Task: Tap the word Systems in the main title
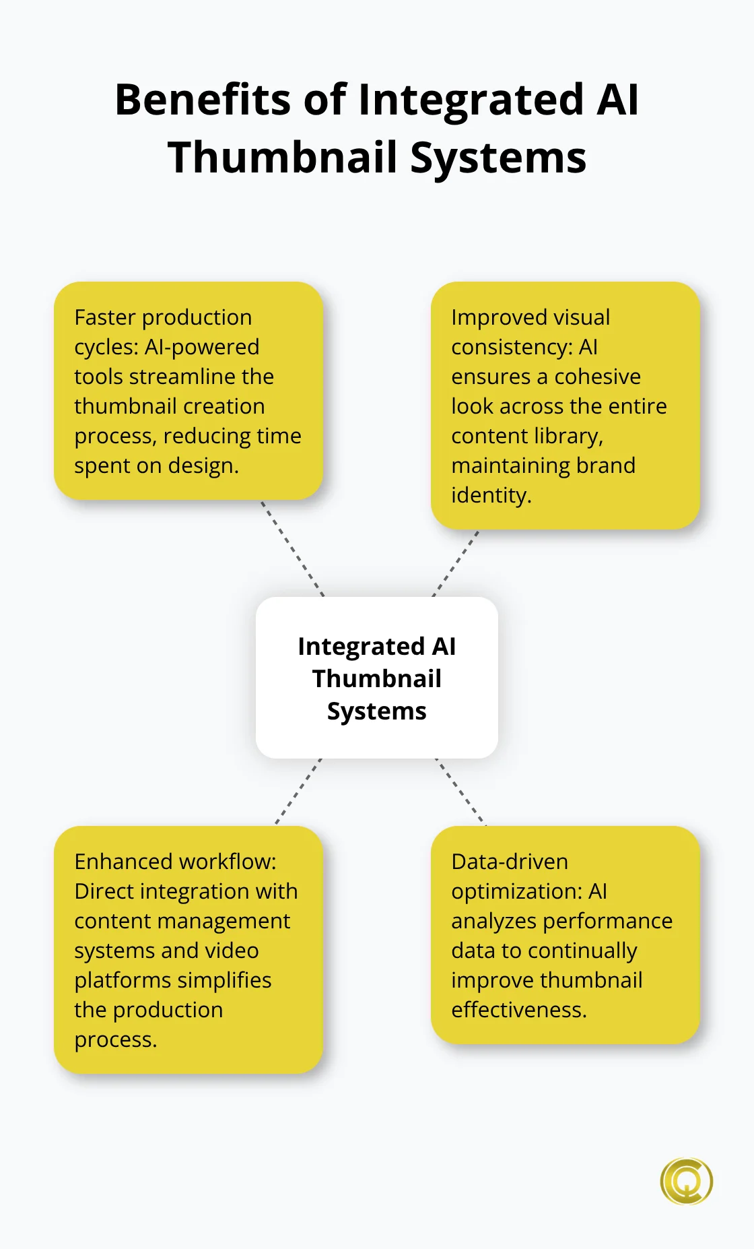498,158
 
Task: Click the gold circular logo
686,1181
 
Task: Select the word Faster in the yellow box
105,317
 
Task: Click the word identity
491,495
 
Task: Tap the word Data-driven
510,862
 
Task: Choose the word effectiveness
518,1010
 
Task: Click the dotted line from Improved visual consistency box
456,563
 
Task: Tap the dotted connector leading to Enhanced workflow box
298,792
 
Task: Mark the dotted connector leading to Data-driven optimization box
460,792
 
